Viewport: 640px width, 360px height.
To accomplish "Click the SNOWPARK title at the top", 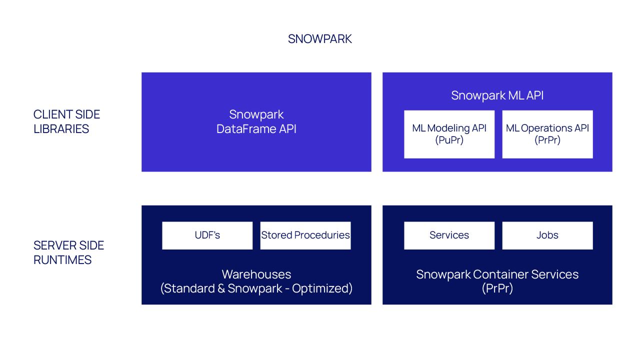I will pos(320,39).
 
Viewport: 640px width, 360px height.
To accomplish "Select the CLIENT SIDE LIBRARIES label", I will pos(66,121).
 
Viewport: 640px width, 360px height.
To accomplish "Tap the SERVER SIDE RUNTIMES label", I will pos(68,252).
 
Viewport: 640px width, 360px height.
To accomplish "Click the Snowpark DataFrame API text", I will pos(256,121).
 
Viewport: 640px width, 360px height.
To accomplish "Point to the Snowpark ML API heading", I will pos(497,95).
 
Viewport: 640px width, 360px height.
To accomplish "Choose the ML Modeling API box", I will pos(449,134).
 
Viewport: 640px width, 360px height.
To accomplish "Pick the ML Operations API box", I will pos(547,134).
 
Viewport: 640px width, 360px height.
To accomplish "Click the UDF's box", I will pos(207,235).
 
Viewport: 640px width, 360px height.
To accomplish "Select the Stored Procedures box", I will pos(305,235).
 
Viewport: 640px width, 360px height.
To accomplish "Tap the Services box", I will pos(449,235).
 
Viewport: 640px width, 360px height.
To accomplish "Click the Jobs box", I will pos(547,235).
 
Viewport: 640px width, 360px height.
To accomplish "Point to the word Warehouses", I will pos(256,274).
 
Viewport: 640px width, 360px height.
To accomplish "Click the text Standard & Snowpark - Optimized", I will pos(256,288).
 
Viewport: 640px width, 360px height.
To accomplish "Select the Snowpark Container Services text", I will pos(497,274).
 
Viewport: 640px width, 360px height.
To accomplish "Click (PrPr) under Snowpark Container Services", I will pos(497,288).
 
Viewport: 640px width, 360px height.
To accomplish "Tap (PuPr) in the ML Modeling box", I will pos(449,140).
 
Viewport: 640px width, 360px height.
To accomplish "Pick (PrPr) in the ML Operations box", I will pos(547,140).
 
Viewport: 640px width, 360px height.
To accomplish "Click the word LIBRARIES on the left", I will pos(61,129).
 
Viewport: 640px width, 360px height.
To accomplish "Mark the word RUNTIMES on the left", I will pos(62,260).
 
